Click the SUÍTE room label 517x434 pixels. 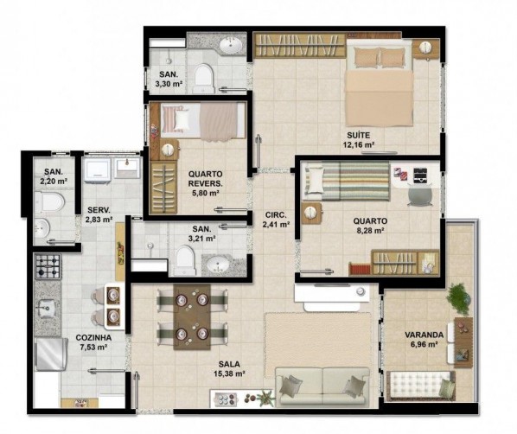(x=359, y=135)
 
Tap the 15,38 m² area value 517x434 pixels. (x=229, y=374)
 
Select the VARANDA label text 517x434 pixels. (x=424, y=335)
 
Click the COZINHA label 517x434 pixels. (x=93, y=338)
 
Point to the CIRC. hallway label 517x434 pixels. (x=276, y=215)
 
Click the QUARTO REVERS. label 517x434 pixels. (x=206, y=179)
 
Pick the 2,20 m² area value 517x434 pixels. (x=54, y=181)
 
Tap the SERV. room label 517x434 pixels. (x=99, y=210)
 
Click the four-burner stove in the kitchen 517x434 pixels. (x=48, y=266)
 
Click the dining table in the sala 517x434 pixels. (x=192, y=316)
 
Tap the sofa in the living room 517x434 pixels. (x=322, y=386)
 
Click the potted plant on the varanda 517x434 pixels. (x=458, y=299)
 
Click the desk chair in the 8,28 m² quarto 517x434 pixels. (x=419, y=195)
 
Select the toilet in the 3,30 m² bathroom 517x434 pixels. (x=203, y=78)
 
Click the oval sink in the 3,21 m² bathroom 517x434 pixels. (x=217, y=265)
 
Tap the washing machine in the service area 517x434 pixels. (x=97, y=169)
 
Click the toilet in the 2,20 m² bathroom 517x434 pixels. (x=49, y=201)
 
